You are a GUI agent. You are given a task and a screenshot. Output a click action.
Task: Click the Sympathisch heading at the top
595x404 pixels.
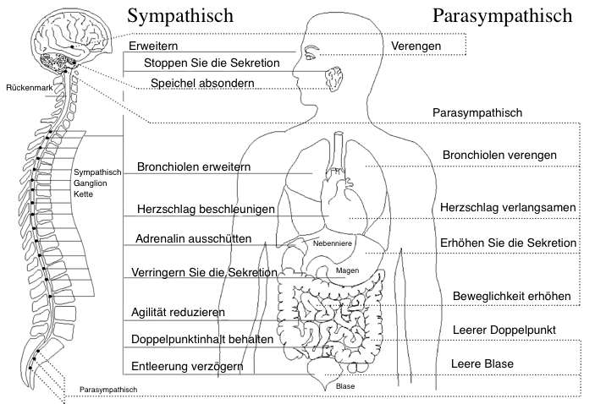[180, 16]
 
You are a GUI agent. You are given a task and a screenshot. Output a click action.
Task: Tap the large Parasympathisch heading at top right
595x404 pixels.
[502, 16]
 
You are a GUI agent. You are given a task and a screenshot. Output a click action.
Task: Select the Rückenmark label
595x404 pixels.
[30, 88]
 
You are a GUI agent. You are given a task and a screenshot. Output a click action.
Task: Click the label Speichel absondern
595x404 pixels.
[202, 83]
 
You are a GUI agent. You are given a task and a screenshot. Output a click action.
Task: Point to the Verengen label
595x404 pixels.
[416, 46]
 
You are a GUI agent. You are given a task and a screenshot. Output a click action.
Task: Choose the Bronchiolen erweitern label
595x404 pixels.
[194, 167]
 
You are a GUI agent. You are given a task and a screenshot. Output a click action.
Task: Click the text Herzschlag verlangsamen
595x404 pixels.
[508, 207]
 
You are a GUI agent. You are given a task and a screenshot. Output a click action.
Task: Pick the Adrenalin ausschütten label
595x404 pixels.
[194, 238]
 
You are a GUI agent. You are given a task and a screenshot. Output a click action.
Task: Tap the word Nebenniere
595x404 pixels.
[333, 243]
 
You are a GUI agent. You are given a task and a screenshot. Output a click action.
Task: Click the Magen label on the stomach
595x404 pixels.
[347, 270]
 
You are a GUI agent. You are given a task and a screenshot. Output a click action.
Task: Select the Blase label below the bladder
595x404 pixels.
[345, 386]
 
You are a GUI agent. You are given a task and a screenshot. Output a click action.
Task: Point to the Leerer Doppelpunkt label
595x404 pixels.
[504, 330]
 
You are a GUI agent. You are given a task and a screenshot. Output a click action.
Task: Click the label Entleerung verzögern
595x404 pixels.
[187, 367]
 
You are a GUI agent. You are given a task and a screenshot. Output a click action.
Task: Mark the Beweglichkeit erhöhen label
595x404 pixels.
[512, 296]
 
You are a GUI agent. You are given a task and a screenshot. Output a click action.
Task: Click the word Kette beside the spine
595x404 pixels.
[83, 194]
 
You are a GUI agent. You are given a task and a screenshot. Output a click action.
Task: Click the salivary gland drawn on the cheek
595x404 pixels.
[334, 79]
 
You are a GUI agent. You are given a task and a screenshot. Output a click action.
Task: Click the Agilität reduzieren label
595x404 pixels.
[178, 312]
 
